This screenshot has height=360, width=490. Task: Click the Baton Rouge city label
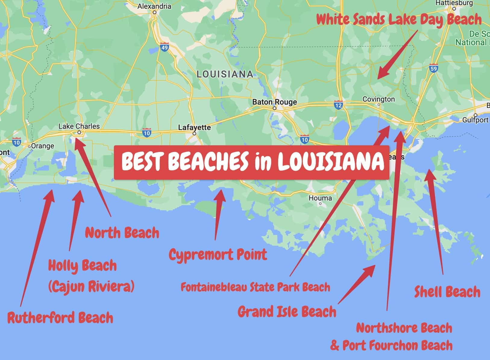click(274, 102)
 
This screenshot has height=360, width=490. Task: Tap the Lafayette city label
click(194, 128)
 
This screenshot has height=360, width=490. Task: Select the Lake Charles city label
click(79, 126)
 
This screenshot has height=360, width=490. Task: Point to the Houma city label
click(320, 198)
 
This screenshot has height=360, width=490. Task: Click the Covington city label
click(378, 99)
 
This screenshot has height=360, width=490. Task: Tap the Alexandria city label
click(154, 6)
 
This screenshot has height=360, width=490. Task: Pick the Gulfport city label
click(475, 120)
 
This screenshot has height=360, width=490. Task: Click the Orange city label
click(42, 146)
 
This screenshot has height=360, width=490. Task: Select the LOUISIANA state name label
click(225, 74)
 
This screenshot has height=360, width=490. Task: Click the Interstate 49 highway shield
click(165, 47)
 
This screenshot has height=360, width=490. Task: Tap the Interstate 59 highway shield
click(433, 68)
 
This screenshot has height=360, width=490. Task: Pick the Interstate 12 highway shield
click(338, 105)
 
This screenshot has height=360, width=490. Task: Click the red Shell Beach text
click(447, 292)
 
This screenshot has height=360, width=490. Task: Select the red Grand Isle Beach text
click(287, 311)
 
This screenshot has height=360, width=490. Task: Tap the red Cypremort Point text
click(218, 255)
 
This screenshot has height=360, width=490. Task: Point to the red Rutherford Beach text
click(60, 318)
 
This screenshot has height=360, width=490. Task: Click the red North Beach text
click(122, 233)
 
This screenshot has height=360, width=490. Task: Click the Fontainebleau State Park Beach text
click(255, 287)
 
